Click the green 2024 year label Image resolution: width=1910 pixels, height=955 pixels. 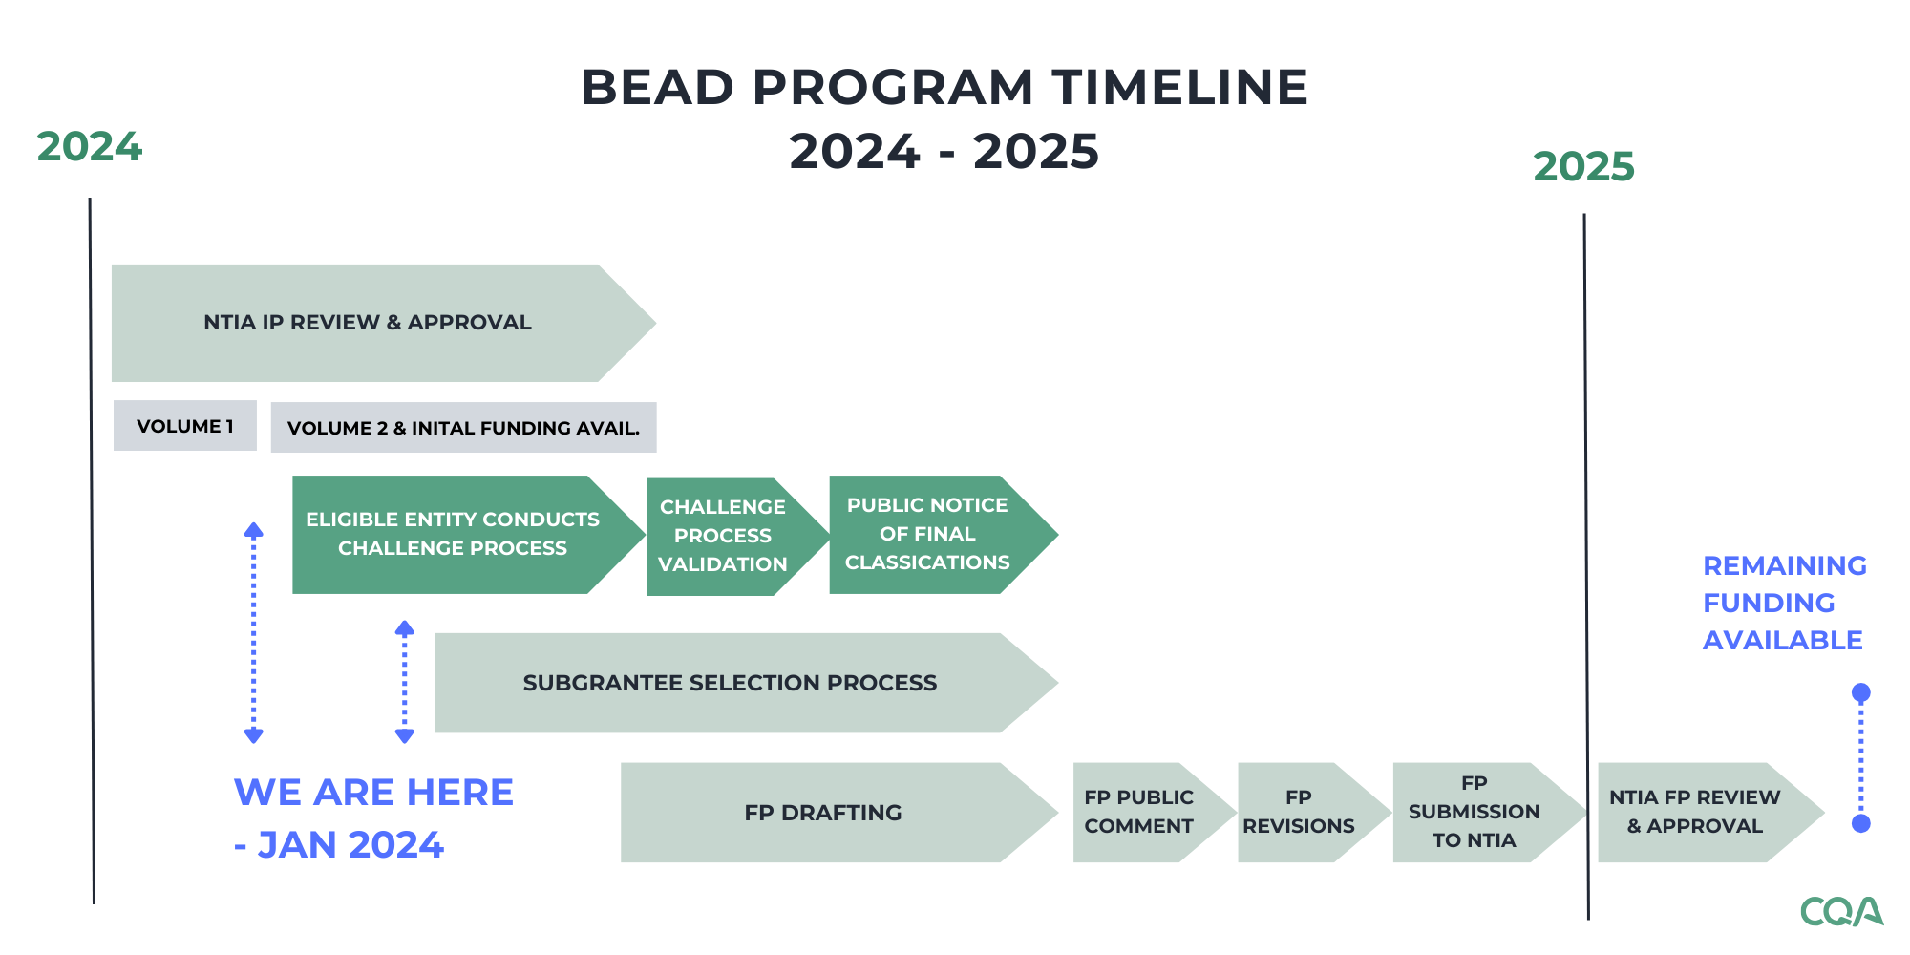coord(89,147)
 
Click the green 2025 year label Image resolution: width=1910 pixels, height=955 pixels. coord(1583,167)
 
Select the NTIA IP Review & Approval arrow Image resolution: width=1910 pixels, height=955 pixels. coord(368,323)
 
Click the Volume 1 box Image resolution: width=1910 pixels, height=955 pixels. coord(184,426)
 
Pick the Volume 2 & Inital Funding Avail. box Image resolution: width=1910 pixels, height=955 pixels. coord(463,428)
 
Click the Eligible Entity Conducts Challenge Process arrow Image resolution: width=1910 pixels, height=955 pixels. coord(452,534)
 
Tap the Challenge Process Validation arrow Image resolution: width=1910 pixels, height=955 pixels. coord(723,536)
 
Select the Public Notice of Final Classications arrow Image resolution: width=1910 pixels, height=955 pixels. coord(927,534)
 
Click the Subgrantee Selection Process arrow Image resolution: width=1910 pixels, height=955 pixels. coord(730,683)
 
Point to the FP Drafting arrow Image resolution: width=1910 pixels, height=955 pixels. coord(822,813)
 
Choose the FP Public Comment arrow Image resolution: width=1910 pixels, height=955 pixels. coord(1138,812)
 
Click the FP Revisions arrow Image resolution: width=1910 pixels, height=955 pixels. coord(1299,812)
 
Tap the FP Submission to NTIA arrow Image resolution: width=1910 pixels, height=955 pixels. coord(1474,812)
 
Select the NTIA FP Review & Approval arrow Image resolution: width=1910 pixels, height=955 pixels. coord(1695,812)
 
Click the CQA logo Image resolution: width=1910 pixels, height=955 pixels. coord(1840,911)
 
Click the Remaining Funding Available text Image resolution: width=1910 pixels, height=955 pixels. coord(1783,603)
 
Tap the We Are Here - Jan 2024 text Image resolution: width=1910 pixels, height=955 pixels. coord(372,817)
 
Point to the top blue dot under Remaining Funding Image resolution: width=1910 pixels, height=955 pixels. coord(1860,692)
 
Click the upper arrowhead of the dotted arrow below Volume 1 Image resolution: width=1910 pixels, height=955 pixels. coord(253,530)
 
